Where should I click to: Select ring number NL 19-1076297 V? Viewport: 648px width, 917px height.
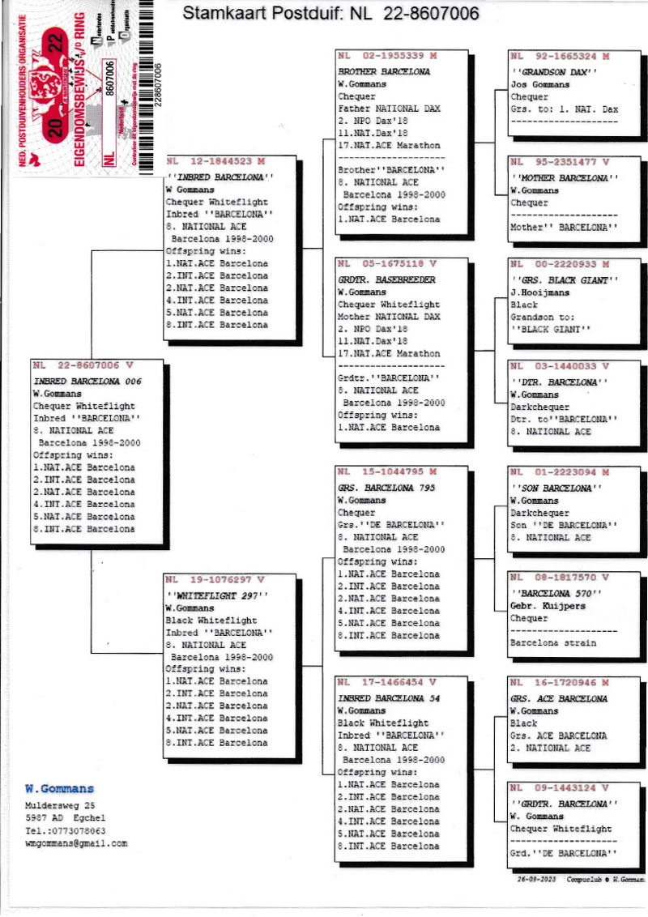click(215, 580)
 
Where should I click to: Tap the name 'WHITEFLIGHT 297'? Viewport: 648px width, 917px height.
click(216, 595)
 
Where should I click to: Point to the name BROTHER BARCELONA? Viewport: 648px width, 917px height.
click(383, 71)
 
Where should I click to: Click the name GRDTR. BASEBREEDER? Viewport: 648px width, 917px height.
click(386, 279)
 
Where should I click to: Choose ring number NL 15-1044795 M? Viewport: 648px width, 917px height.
click(386, 472)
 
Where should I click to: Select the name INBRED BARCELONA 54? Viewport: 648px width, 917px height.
click(388, 698)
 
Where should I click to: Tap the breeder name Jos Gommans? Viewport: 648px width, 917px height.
click(540, 84)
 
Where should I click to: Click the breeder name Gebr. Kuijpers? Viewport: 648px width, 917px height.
click(547, 606)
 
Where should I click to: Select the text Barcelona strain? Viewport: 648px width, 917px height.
click(552, 642)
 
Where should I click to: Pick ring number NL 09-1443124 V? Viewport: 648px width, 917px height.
click(559, 788)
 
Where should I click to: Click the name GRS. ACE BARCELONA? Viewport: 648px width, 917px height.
click(560, 698)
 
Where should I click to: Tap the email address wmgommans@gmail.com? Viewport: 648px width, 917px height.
click(76, 843)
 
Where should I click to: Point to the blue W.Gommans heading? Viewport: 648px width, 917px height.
click(59, 788)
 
